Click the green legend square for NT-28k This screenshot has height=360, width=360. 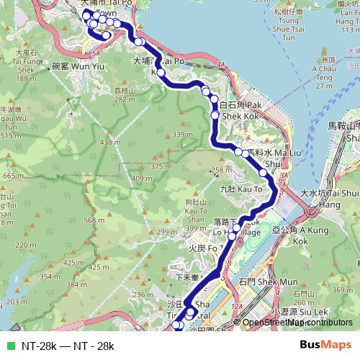click(9, 346)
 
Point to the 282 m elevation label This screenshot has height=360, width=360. click(124, 100)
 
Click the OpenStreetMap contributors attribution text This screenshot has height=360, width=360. click(295, 323)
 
